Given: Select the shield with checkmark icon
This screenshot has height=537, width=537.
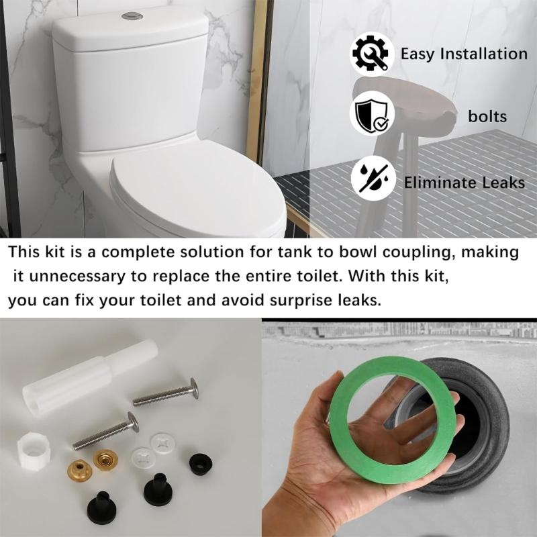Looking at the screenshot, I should pyautogui.click(x=372, y=116).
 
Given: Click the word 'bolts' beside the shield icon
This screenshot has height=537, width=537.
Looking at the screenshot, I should pyautogui.click(x=487, y=117).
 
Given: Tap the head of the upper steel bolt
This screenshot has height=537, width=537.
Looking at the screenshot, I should pyautogui.click(x=193, y=388).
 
